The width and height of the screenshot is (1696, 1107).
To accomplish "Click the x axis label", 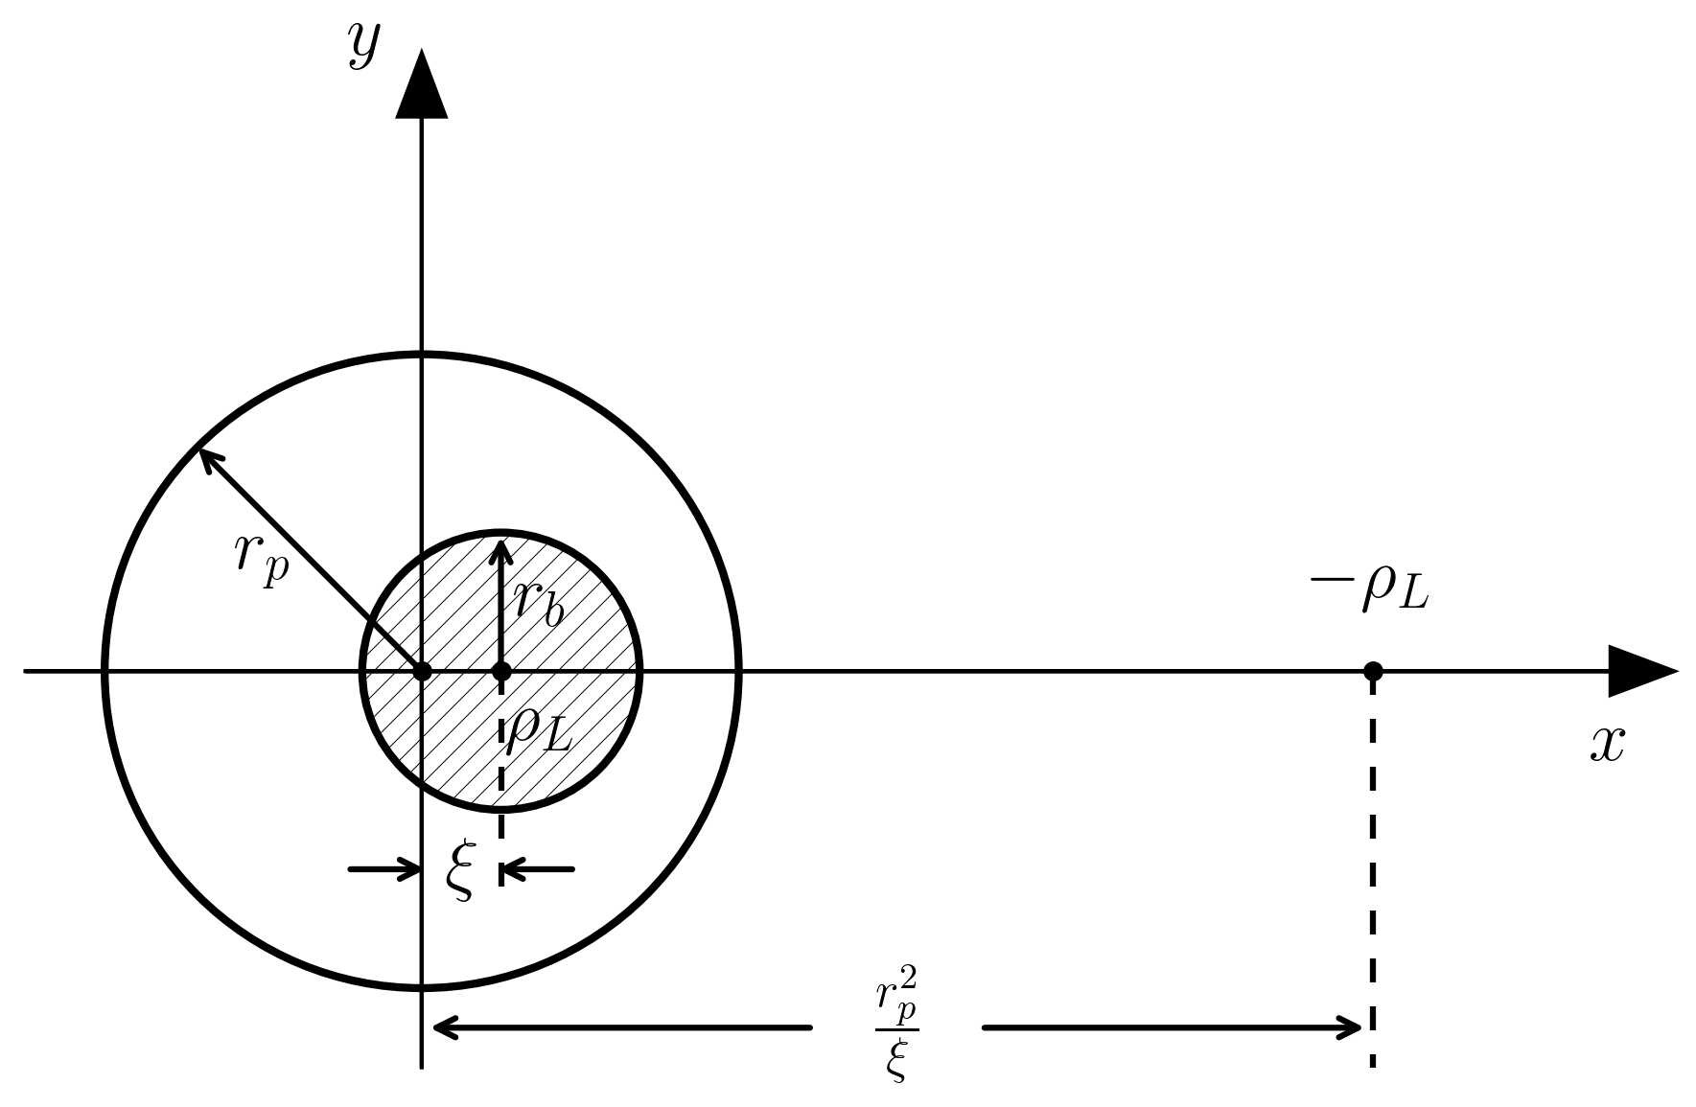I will click(1607, 743).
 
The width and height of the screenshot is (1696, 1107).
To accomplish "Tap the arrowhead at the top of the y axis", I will click(422, 86).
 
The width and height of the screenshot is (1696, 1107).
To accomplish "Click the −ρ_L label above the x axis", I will click(1369, 587).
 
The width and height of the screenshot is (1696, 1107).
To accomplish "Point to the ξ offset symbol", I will click(461, 870).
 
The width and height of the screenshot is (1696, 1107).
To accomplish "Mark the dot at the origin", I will click(422, 671).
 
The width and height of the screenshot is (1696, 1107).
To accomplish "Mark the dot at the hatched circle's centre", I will click(501, 671).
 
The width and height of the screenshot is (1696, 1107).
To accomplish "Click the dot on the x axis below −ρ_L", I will click(1373, 671).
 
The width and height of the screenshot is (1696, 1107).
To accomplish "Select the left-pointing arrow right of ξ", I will click(537, 869).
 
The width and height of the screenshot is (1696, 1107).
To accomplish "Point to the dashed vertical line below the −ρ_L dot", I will click(1373, 863).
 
